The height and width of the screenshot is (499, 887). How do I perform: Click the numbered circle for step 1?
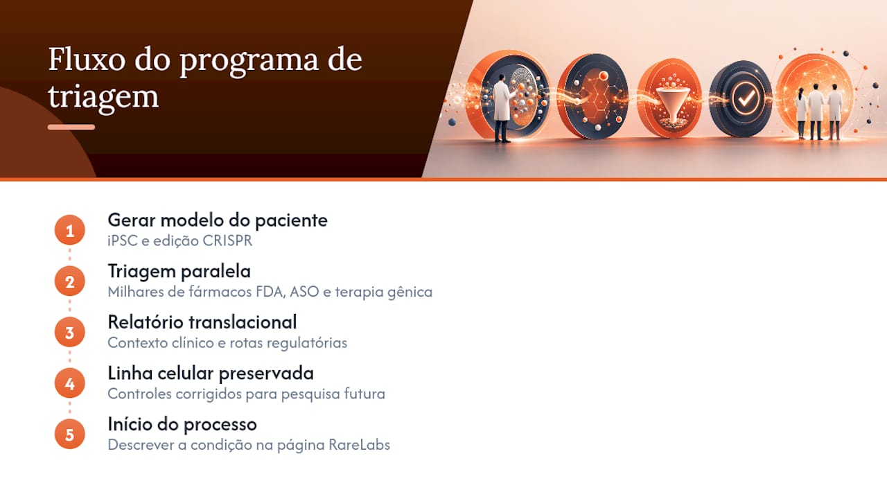70,230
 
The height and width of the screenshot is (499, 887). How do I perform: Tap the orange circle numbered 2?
70,281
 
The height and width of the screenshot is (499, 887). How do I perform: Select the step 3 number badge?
70,332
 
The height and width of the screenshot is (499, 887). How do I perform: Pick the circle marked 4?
70,383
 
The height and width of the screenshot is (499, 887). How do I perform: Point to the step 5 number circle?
70,435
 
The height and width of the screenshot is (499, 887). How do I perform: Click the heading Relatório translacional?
202,322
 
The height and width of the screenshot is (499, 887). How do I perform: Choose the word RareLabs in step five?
359,445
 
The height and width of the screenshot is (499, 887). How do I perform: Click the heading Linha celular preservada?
211,374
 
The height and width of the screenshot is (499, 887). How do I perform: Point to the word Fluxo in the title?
87,60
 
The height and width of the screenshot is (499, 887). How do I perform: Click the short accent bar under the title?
71,127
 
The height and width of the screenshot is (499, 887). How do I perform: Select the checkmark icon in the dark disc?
746,99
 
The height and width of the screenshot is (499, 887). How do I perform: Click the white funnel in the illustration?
672,101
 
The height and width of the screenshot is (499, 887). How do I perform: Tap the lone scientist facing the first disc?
502,107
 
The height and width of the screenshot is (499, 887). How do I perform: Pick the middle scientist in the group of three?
816,112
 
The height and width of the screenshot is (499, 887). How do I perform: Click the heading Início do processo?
182,425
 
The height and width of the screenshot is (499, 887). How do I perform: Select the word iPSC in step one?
123,240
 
